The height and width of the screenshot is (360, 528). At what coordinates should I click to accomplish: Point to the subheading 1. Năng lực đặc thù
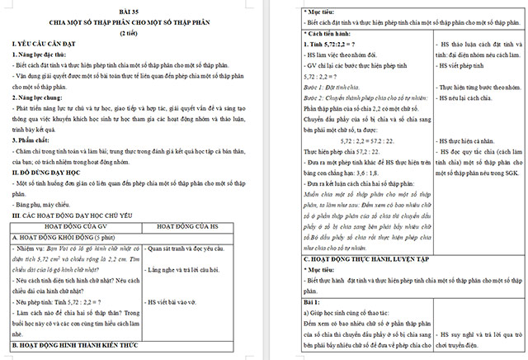43,54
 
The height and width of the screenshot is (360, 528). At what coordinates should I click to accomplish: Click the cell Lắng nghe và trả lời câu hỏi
191,270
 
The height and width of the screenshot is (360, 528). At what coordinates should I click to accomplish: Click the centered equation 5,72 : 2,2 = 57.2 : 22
359,140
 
